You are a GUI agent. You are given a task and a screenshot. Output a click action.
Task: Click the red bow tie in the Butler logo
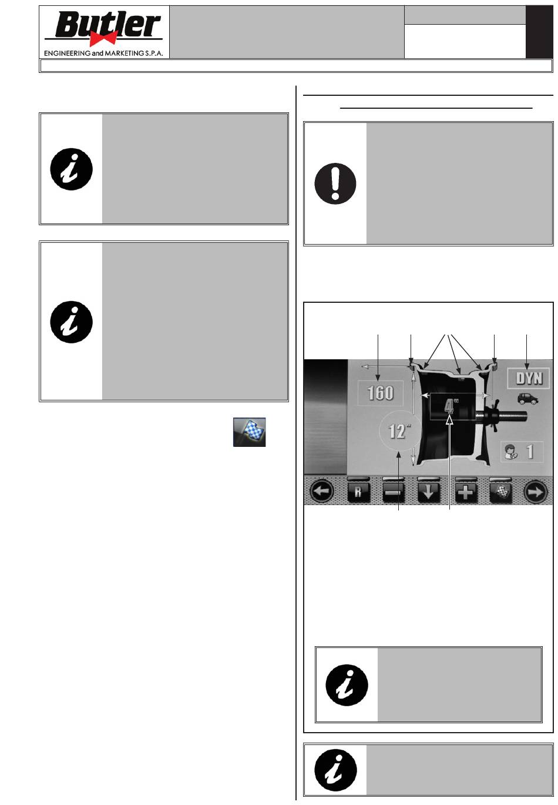[x=103, y=38]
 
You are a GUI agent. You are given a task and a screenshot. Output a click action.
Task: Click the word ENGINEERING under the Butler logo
[x=67, y=53]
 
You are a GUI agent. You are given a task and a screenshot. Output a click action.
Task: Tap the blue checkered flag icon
[x=249, y=432]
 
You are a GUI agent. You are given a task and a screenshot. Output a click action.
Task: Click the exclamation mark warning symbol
[x=335, y=183]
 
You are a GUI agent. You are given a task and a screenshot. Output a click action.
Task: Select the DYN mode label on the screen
[x=528, y=378]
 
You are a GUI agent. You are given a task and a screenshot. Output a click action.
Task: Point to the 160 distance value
[x=381, y=393]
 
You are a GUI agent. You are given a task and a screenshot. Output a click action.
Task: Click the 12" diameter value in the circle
[x=399, y=431]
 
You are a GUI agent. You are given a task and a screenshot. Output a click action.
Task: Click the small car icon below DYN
[x=527, y=399]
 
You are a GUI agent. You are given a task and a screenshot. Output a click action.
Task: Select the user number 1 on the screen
[x=530, y=452]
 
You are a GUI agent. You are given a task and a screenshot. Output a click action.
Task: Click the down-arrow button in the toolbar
[x=429, y=492]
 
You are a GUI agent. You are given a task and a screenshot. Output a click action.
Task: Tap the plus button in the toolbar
[x=466, y=492]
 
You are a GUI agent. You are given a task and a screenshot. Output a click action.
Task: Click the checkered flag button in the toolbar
[x=501, y=492]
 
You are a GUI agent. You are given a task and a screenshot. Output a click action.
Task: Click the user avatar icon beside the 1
[x=510, y=452]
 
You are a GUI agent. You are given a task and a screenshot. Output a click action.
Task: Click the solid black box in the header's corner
[x=539, y=32]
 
